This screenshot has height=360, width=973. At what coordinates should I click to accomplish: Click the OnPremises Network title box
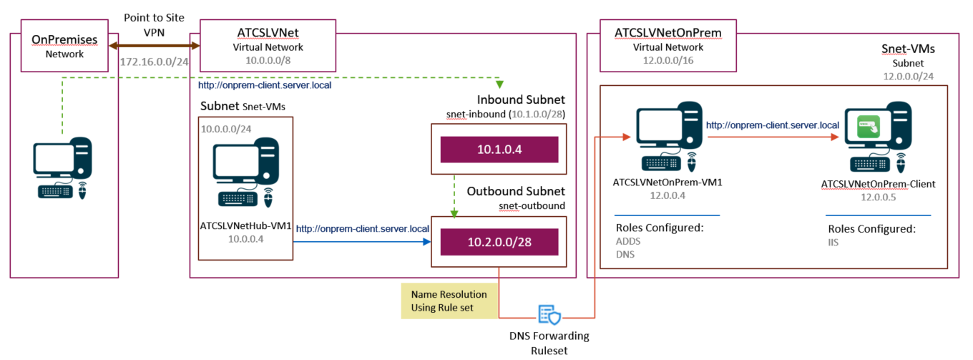coord(65,46)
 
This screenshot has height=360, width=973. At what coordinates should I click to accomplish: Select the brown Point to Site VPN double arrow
coord(153,45)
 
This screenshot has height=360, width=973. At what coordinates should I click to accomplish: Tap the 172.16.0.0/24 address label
coord(155,62)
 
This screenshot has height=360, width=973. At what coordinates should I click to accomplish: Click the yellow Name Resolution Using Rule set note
coord(449,301)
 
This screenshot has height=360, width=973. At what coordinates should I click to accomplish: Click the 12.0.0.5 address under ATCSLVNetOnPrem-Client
coord(878,196)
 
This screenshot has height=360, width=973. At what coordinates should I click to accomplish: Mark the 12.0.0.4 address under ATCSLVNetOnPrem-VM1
coord(667,194)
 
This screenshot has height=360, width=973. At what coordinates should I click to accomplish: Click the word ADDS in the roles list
coord(628,241)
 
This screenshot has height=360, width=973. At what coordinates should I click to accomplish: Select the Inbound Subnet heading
coord(520,99)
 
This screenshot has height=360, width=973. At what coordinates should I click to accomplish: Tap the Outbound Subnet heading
coord(516,192)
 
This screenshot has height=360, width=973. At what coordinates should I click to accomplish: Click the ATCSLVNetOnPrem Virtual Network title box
coord(668,46)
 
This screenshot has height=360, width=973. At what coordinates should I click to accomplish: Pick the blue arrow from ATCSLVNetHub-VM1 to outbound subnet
coord(361,242)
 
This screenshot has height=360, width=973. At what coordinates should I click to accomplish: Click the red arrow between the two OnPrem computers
coord(773,137)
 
